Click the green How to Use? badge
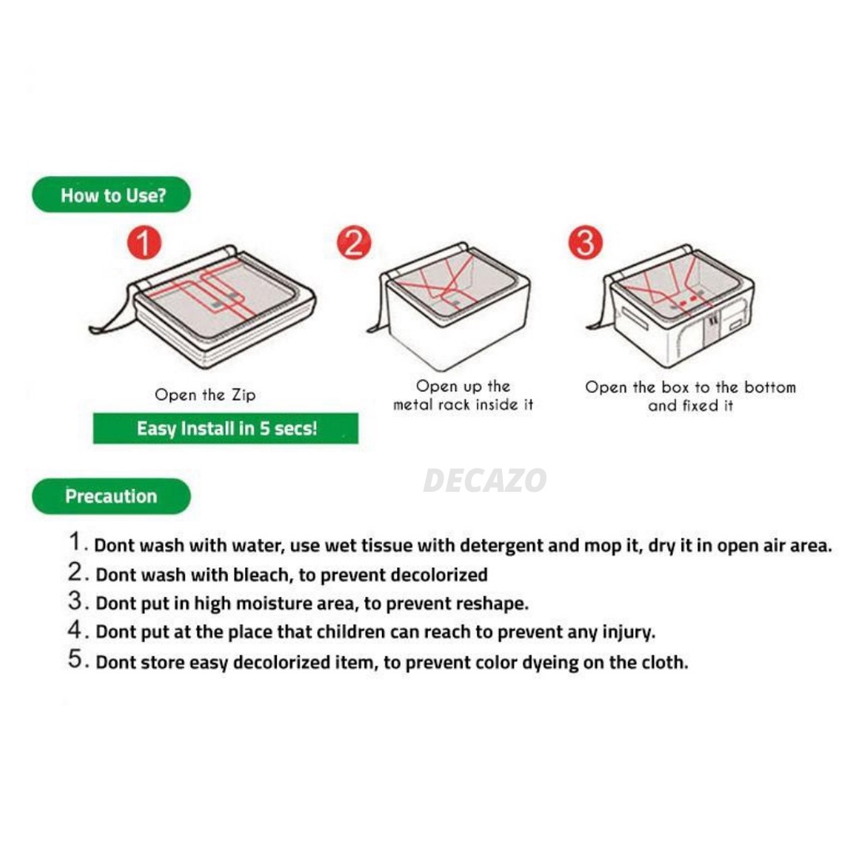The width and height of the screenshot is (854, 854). tap(112, 194)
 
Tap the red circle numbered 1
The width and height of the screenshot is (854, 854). tap(144, 243)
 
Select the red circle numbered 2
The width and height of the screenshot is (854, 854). tap(354, 243)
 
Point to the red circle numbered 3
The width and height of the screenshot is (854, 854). tap(585, 243)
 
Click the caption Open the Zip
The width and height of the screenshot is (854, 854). tap(205, 394)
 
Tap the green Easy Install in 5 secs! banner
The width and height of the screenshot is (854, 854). tap(225, 428)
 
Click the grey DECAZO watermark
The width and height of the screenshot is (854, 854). tap(485, 480)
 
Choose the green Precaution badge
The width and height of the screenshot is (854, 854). tap(112, 495)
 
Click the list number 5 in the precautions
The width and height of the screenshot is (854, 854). tap(75, 659)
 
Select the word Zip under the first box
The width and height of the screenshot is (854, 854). tap(244, 394)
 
